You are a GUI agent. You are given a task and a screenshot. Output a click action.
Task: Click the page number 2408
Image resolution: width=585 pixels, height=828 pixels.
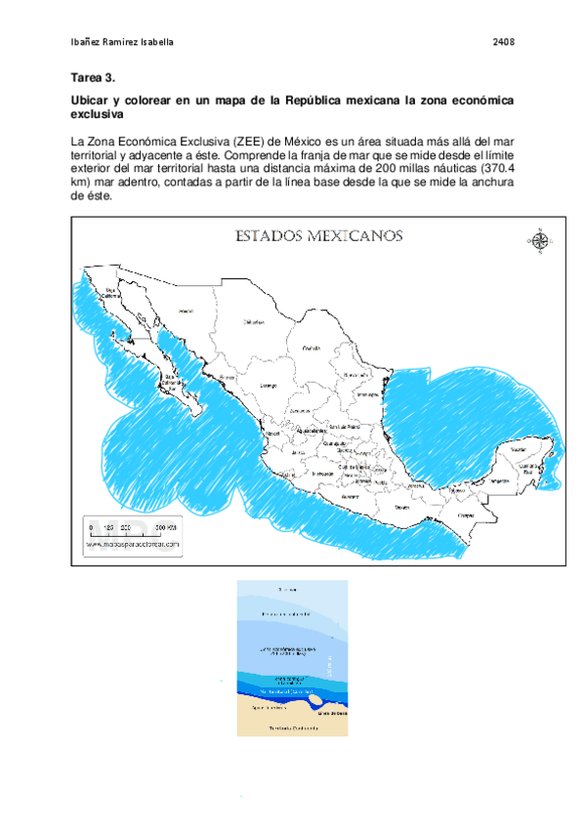[x=503, y=43]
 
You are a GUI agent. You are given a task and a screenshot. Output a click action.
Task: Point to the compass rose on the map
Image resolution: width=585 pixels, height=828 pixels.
[x=539, y=240]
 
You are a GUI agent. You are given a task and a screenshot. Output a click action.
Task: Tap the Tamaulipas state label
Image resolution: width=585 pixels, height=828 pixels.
[x=366, y=393]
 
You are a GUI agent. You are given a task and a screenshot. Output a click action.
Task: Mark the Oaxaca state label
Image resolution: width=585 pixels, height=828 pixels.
[x=401, y=508]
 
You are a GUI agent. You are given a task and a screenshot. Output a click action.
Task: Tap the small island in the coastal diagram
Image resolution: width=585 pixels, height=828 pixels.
[x=314, y=699]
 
